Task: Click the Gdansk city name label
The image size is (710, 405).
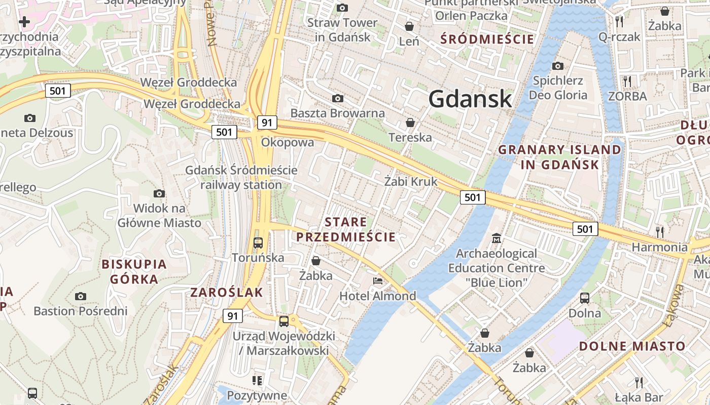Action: (x=470, y=99)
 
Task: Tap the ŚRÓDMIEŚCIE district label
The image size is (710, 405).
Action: (x=487, y=39)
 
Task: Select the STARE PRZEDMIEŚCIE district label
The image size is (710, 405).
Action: (x=346, y=229)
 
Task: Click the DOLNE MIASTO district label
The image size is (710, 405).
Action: (x=632, y=346)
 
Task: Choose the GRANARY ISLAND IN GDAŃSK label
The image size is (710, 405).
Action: (x=559, y=157)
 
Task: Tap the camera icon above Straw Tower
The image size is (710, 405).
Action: (x=342, y=8)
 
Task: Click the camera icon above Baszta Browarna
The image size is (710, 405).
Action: (x=337, y=98)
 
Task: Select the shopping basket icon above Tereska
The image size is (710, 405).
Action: (x=410, y=123)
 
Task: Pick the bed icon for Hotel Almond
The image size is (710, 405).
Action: (x=377, y=281)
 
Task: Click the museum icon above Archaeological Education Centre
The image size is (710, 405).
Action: (x=496, y=238)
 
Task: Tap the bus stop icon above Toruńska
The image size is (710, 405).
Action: (x=258, y=243)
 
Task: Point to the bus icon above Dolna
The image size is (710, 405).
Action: (x=584, y=298)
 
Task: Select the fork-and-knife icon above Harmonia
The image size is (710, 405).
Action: (x=659, y=232)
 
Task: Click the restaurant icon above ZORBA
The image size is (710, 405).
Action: (x=627, y=81)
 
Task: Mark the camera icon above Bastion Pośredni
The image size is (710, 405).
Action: (x=80, y=296)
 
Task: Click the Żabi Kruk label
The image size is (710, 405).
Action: (x=410, y=181)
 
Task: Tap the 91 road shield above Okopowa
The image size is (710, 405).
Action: (x=267, y=122)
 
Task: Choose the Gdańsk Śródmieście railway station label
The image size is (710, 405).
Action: (x=241, y=177)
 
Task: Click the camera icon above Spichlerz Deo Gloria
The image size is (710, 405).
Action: (x=557, y=66)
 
